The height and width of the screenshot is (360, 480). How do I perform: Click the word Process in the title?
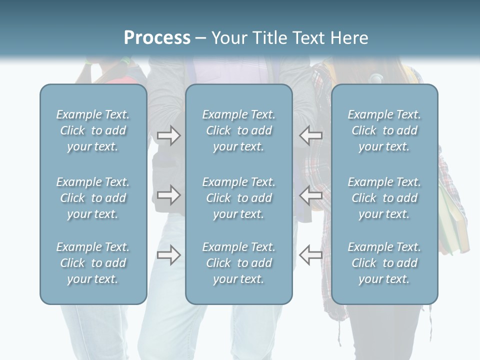click(x=157, y=38)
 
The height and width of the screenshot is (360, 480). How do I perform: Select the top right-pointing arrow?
click(x=169, y=135)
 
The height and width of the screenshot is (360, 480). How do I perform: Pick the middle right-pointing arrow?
click(x=169, y=195)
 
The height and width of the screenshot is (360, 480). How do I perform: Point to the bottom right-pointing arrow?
click(x=169, y=255)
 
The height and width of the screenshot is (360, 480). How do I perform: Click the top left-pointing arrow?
click(x=310, y=135)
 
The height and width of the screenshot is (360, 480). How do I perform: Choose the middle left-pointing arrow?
click(x=310, y=195)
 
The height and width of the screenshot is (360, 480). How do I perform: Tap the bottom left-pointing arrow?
click(x=310, y=255)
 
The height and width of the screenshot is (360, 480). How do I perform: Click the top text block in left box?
click(x=93, y=130)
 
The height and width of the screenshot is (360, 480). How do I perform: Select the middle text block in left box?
click(x=93, y=198)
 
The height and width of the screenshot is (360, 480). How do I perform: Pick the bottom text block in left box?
click(x=93, y=263)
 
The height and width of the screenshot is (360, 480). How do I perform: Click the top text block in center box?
click(x=239, y=130)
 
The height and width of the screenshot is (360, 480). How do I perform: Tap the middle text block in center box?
click(x=239, y=198)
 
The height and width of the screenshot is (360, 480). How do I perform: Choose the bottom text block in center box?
click(x=239, y=263)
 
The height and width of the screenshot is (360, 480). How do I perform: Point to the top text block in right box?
click(x=384, y=130)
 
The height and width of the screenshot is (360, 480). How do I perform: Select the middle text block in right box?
click(x=384, y=198)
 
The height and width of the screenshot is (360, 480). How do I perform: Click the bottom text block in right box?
click(x=384, y=263)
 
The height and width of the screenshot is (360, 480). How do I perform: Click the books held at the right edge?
click(x=455, y=220)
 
